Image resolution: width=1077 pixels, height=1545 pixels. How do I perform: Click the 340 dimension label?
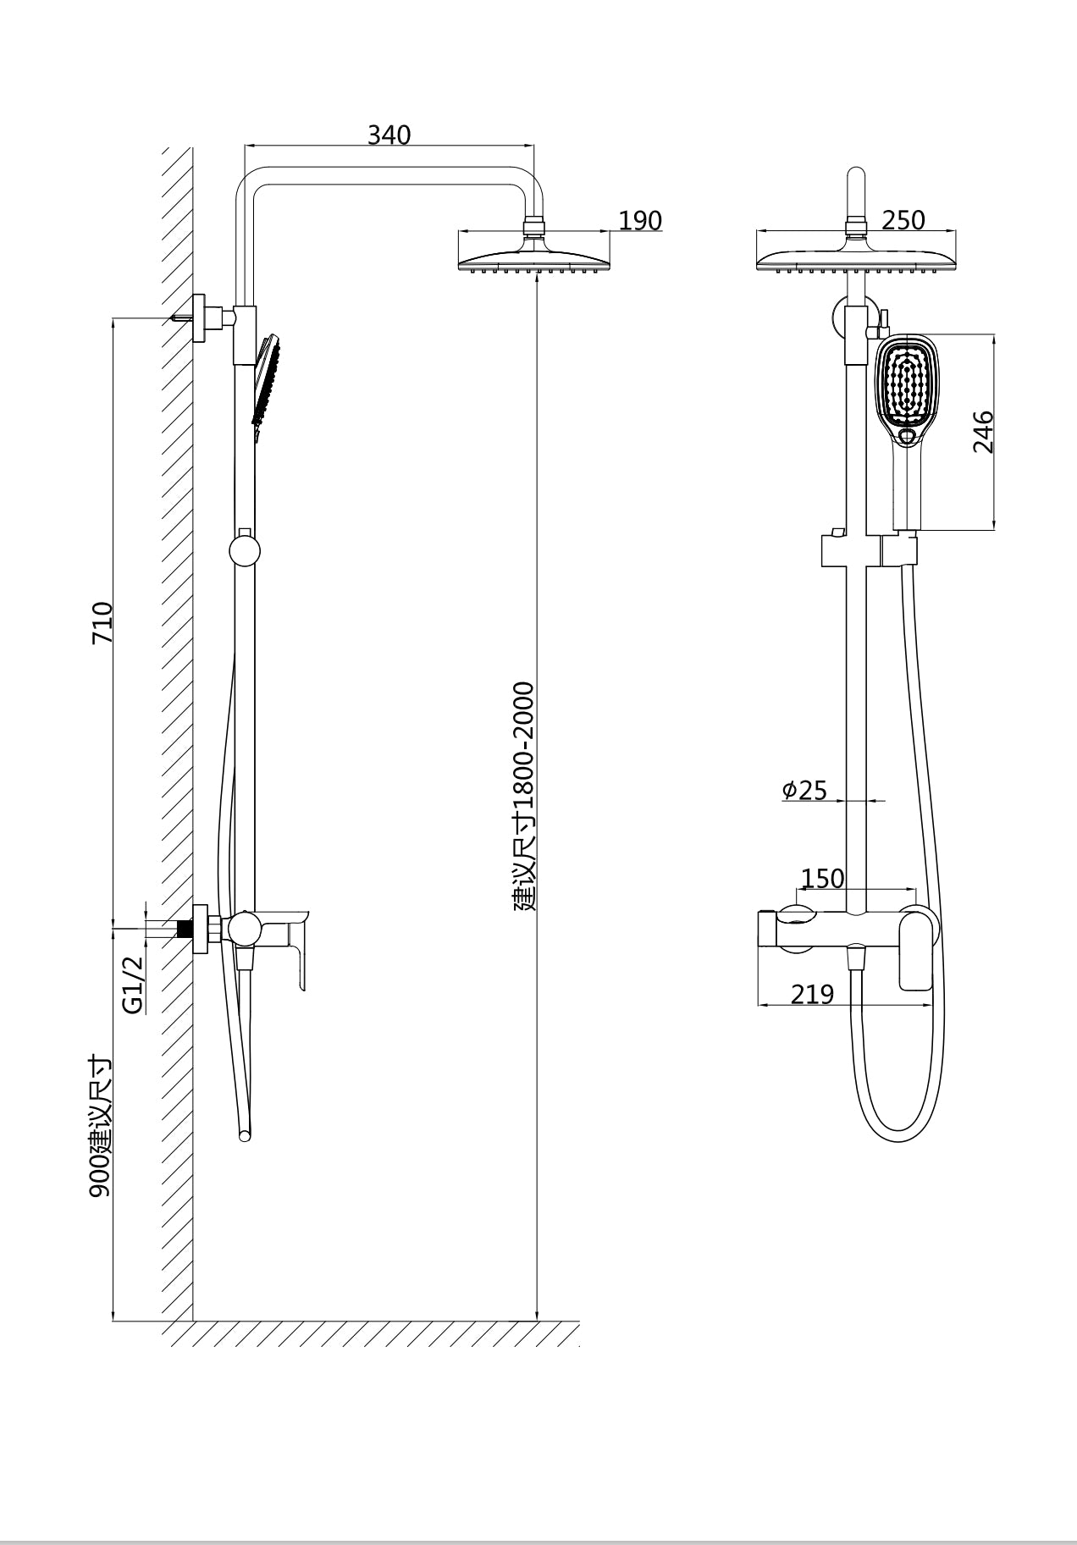click(x=389, y=135)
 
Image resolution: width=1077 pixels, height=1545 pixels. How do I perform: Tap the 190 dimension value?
click(x=639, y=220)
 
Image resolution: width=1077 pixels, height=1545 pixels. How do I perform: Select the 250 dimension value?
click(x=903, y=220)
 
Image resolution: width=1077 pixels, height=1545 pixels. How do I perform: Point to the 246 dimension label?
click(x=983, y=432)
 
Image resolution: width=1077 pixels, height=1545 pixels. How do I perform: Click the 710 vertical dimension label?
click(x=102, y=622)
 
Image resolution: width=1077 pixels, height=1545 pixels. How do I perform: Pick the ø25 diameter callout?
click(x=804, y=790)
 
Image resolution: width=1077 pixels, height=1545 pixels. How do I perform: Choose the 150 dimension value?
click(x=822, y=879)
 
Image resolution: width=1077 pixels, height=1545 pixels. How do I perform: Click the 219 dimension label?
click(x=812, y=994)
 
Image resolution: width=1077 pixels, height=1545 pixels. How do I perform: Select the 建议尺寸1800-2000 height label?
click(x=525, y=796)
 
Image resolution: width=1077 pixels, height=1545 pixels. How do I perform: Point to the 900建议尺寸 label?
click(x=100, y=1126)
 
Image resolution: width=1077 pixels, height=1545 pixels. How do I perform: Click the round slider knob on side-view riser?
click(x=245, y=551)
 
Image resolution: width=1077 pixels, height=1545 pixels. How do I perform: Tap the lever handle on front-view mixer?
click(x=916, y=949)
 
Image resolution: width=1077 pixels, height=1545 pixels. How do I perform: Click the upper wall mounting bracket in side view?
click(x=202, y=318)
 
